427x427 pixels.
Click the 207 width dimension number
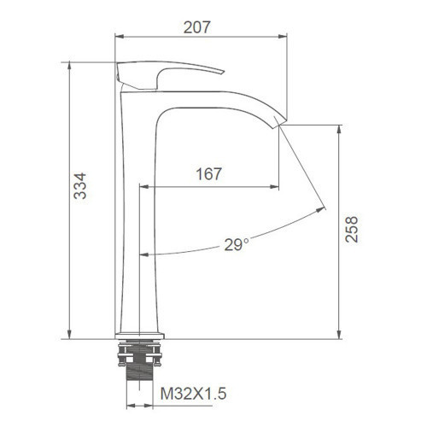(198, 26)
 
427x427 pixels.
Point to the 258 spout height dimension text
(352, 229)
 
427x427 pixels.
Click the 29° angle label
(237, 245)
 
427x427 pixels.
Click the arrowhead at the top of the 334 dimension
(67, 66)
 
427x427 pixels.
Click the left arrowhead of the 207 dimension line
(119, 37)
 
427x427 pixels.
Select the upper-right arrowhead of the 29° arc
(323, 208)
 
